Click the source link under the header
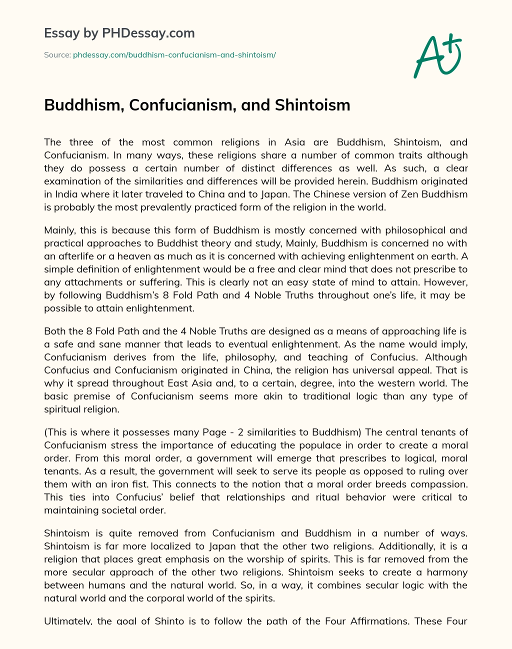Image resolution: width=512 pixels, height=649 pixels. point(174,54)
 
